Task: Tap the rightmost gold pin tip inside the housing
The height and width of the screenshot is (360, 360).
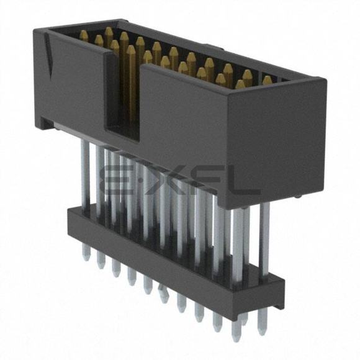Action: (x=268, y=79)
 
